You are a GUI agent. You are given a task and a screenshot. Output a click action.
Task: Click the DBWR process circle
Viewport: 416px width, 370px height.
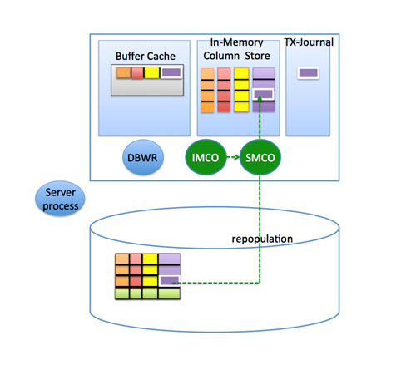[x=143, y=157]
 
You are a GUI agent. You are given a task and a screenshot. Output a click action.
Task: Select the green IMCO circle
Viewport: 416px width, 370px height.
[x=206, y=157]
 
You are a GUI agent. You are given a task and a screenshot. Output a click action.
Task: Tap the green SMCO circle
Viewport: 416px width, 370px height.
[x=260, y=157]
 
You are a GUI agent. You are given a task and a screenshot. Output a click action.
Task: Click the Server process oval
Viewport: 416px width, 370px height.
[x=60, y=199]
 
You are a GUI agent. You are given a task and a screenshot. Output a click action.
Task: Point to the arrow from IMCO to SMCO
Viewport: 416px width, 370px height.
[x=233, y=157]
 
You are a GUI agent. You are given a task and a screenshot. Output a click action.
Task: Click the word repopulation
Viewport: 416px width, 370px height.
[x=262, y=239]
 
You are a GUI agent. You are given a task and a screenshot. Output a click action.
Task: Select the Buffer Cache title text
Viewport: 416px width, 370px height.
[x=146, y=56]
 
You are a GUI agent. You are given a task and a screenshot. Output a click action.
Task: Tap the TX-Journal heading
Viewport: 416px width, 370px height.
[x=309, y=42]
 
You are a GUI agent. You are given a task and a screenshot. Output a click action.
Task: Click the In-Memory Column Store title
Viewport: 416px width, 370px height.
[x=236, y=49]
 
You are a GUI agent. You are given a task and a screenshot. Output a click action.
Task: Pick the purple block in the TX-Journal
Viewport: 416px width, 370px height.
[x=309, y=73]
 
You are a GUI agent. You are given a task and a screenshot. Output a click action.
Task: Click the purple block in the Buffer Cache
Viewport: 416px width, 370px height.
[x=171, y=72]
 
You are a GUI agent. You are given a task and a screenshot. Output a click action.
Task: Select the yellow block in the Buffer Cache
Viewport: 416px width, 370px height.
[x=152, y=72]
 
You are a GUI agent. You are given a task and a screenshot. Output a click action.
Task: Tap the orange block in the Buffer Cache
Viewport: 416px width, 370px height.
[x=123, y=72]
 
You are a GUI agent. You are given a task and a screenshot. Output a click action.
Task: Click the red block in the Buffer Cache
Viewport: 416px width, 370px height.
[x=137, y=73]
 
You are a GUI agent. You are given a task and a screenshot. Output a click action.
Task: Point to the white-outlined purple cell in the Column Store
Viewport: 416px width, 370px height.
[x=263, y=94]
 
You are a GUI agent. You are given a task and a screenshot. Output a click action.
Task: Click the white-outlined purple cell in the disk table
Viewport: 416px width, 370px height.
[x=170, y=281]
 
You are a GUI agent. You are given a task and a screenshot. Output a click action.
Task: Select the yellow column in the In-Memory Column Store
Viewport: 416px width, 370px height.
[x=241, y=90]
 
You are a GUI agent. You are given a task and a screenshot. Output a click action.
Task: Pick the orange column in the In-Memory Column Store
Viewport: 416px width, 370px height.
[x=207, y=91]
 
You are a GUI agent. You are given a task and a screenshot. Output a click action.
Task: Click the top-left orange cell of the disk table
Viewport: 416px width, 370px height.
[x=122, y=259]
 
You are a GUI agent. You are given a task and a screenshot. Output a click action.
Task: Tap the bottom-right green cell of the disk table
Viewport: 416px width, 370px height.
[x=169, y=294]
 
